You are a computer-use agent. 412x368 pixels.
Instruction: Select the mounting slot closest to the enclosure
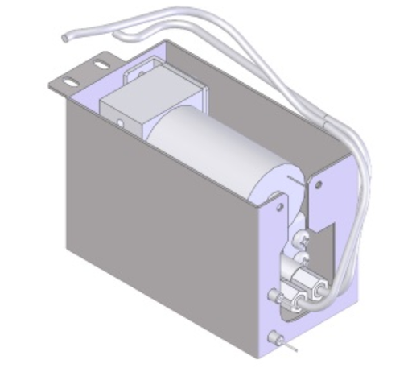(x=100, y=63)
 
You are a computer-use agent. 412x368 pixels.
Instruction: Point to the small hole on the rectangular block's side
(x=120, y=123)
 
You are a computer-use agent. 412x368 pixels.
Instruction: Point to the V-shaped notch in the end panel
(x=325, y=234)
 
